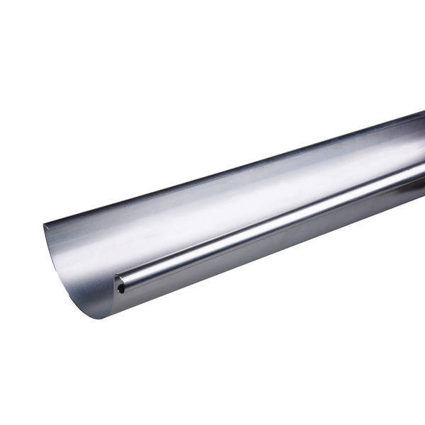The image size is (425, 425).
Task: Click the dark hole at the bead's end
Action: click(x=121, y=289)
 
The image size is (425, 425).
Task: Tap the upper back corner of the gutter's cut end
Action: click(x=45, y=227)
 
